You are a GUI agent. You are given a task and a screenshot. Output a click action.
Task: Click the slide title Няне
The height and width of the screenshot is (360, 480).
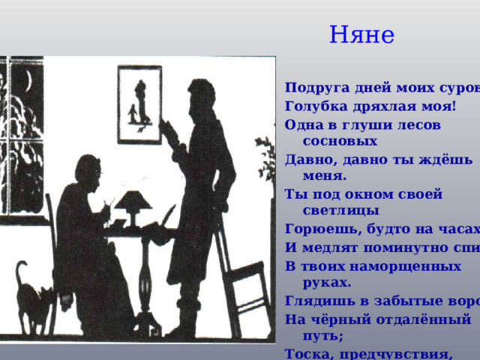tap(361, 34)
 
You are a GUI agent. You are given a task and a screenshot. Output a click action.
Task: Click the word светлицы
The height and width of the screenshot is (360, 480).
tap(338, 211)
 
